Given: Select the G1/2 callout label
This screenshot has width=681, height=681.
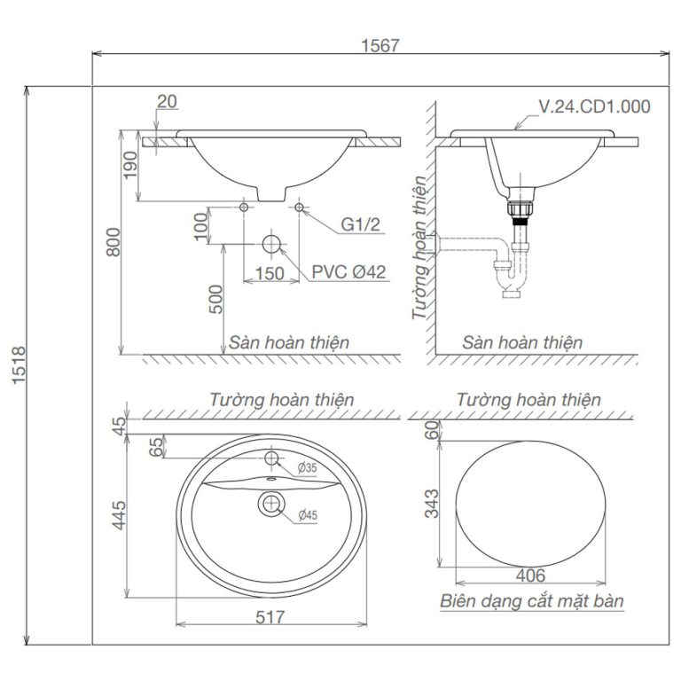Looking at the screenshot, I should point(362,225).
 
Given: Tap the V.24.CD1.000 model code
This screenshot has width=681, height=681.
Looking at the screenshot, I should point(595,107).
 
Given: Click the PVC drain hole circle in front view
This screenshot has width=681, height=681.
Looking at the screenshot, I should point(271,244).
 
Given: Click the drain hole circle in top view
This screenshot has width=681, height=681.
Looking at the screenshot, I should point(271,505).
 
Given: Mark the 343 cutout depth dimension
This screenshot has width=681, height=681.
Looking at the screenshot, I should point(431,504).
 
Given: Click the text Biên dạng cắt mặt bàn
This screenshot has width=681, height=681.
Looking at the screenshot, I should point(532,601).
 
